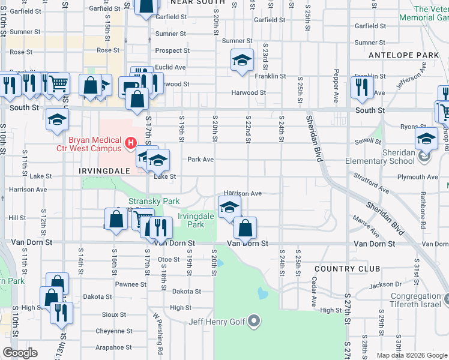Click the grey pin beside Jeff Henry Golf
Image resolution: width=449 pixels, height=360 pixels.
(255, 322)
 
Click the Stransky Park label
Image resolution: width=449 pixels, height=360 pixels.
(145, 202)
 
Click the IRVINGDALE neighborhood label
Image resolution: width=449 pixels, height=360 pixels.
(104, 171)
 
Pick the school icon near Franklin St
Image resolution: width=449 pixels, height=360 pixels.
(242, 60)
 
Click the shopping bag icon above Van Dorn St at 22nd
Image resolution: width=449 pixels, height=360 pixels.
(245, 228)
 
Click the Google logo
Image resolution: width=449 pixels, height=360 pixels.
(20, 353)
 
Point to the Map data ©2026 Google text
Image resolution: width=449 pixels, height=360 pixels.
(411, 355)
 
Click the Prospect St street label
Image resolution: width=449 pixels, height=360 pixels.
(172, 51)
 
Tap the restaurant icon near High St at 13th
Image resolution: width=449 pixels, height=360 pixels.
(61, 313)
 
